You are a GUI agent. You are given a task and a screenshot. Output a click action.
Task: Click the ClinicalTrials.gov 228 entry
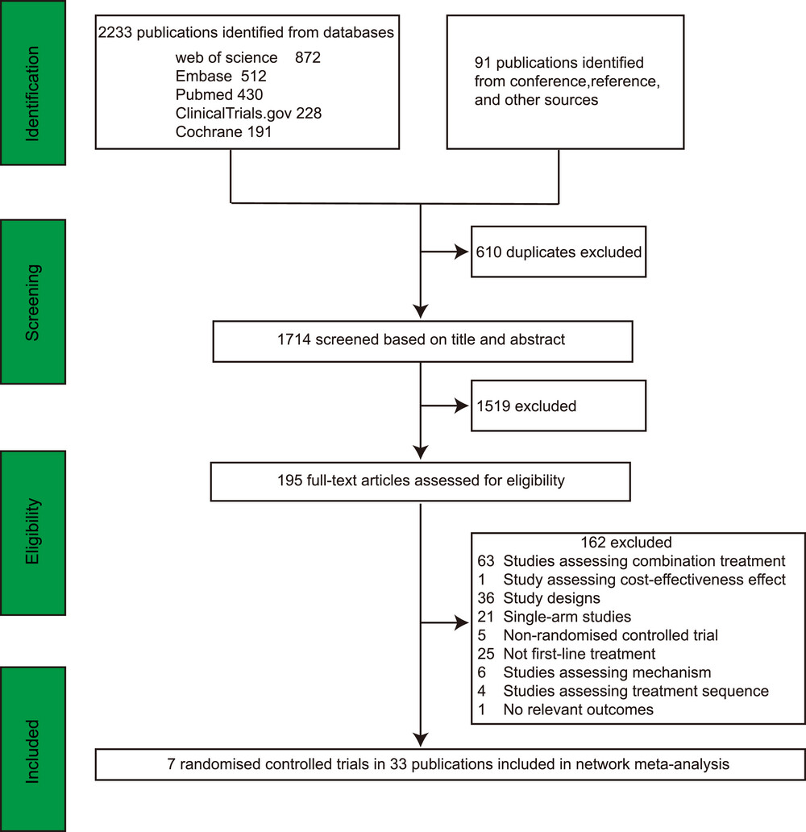point(248,113)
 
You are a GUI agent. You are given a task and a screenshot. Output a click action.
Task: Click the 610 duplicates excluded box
point(559,252)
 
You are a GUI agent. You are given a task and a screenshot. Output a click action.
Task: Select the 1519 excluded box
point(559,406)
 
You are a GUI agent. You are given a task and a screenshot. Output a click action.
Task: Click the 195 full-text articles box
point(419,481)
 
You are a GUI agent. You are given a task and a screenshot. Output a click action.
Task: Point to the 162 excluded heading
point(625,543)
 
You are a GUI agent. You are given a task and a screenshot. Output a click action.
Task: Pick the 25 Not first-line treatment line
point(577,654)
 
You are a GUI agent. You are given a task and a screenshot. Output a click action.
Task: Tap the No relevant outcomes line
point(577,710)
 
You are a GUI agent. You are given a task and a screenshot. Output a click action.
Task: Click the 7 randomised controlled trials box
point(451,763)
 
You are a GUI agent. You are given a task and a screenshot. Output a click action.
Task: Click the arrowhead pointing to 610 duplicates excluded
point(463,252)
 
